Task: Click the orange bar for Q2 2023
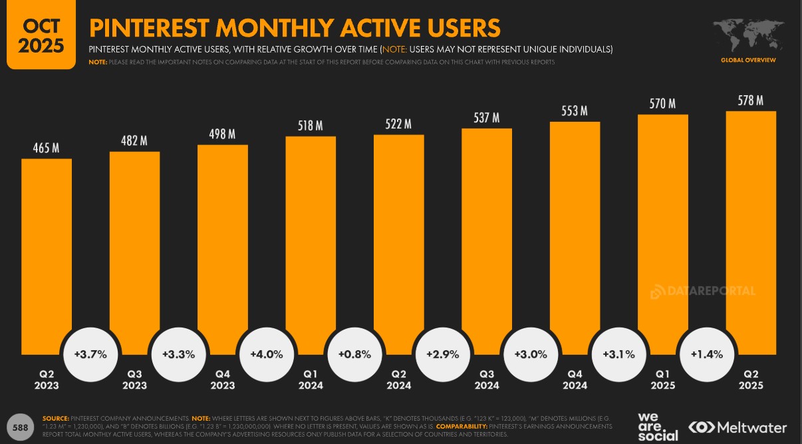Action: [x=47, y=253]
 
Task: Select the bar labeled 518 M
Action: [x=311, y=240]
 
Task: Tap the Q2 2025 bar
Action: [x=751, y=226]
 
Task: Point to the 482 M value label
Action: [x=134, y=140]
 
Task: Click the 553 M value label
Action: [x=575, y=111]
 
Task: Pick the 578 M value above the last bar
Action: [x=751, y=101]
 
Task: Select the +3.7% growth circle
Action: [x=90, y=354]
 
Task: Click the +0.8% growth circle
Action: [x=354, y=354]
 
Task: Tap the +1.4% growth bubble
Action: [x=706, y=354]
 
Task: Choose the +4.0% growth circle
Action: [x=267, y=354]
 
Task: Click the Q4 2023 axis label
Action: [x=223, y=379]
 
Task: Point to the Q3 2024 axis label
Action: [x=487, y=379]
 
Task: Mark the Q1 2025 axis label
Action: [x=662, y=379]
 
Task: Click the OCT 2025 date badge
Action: [x=41, y=35]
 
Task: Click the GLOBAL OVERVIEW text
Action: [x=748, y=61]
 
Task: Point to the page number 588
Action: [x=20, y=427]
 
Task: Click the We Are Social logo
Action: [x=658, y=427]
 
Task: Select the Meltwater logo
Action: [x=737, y=427]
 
